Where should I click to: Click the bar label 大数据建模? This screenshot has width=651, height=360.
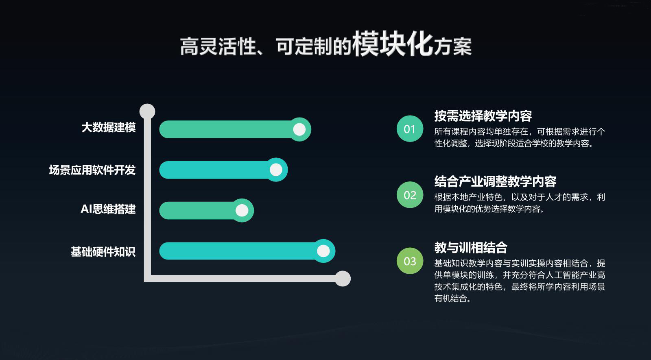pyautogui.click(x=109, y=127)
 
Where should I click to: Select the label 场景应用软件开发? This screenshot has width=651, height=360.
pyautogui.click(x=92, y=170)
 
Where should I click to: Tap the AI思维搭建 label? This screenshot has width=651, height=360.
pyautogui.click(x=108, y=209)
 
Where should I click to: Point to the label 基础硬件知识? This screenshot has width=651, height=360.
pyautogui.click(x=103, y=252)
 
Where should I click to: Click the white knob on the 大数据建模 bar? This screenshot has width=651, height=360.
pyautogui.click(x=299, y=129)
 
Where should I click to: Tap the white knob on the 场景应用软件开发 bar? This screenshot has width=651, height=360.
pyautogui.click(x=276, y=170)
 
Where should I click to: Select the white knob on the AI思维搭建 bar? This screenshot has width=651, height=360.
pyautogui.click(x=242, y=210)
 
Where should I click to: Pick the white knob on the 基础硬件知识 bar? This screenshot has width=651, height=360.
pyautogui.click(x=323, y=251)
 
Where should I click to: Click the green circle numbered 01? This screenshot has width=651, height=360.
pyautogui.click(x=410, y=129)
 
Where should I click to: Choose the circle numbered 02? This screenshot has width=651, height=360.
pyautogui.click(x=410, y=195)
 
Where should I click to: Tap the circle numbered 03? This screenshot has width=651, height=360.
pyautogui.click(x=410, y=261)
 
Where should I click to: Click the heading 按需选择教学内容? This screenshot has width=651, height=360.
pyautogui.click(x=483, y=116)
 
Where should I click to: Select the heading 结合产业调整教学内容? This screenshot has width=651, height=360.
pyautogui.click(x=495, y=181)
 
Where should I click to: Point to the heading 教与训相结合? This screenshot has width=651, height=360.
pyautogui.click(x=471, y=248)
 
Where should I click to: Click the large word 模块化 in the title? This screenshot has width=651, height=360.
pyautogui.click(x=392, y=44)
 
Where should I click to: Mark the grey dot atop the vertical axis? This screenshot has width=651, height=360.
pyautogui.click(x=147, y=111)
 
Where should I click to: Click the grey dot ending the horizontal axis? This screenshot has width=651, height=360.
pyautogui.click(x=343, y=279)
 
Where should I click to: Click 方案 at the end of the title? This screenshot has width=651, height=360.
pyautogui.click(x=452, y=46)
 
